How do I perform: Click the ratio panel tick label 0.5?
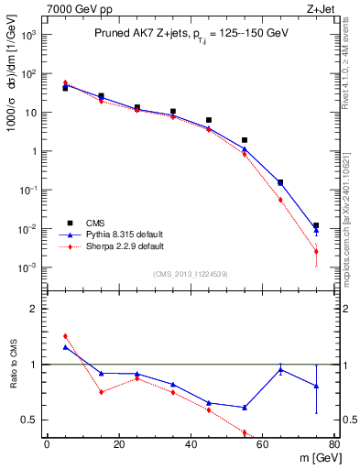[x=31, y=420]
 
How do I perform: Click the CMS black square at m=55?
[x=245, y=140]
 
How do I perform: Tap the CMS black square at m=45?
[x=209, y=120]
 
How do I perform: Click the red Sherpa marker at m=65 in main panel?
[x=280, y=200]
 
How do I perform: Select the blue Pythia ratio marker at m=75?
[x=316, y=387]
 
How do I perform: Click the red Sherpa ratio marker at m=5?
[x=65, y=336]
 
